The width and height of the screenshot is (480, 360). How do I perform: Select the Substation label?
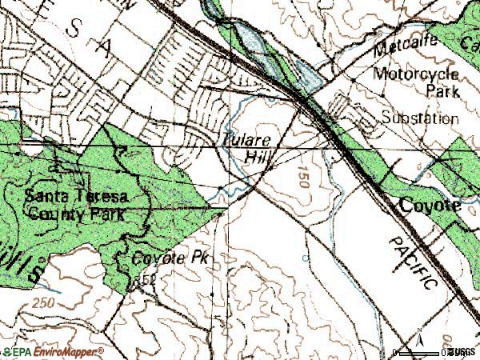click(420, 119)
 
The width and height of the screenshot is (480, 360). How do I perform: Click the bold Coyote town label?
click(431, 206)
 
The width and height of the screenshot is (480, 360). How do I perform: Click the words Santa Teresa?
click(75, 197)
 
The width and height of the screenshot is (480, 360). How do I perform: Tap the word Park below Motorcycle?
click(442, 92)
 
